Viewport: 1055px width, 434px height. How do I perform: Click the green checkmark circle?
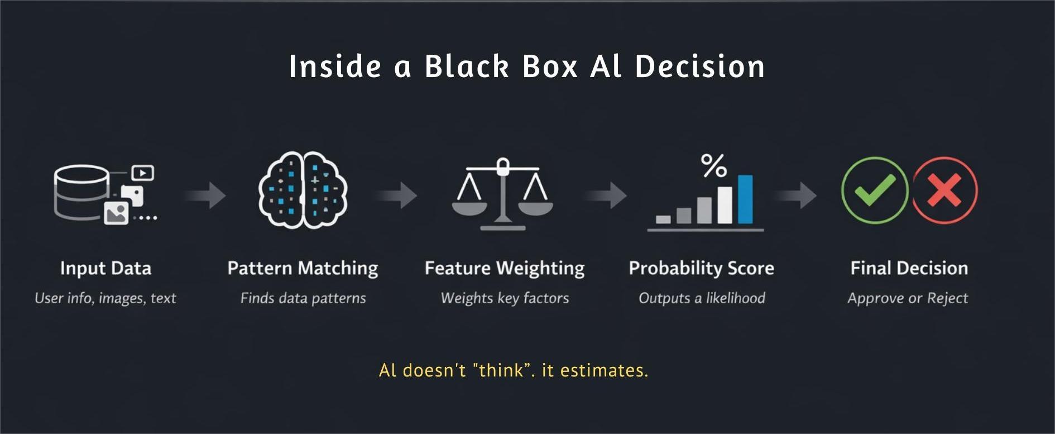point(874,190)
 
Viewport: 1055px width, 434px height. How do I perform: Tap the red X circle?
point(945,190)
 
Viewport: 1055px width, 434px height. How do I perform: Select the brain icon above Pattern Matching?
point(303,190)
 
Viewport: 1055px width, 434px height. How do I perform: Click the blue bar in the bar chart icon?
point(745,199)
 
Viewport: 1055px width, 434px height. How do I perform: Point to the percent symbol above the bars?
point(713,165)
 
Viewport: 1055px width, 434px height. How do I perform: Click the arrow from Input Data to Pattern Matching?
point(207,195)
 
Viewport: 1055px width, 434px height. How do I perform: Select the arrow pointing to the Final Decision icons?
point(797,195)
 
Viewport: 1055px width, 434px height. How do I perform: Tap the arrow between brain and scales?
point(397,195)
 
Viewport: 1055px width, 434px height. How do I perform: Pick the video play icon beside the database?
point(143,173)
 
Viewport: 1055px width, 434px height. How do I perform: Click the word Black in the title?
point(467,66)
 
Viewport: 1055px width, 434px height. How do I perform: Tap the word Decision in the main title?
point(699,66)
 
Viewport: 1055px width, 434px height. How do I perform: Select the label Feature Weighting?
point(505,268)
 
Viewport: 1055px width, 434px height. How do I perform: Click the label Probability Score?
point(701,268)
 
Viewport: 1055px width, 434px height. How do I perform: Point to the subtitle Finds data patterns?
point(303,298)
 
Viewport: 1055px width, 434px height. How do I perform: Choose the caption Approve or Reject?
point(908,298)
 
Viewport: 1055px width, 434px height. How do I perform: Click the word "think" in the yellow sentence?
point(501,370)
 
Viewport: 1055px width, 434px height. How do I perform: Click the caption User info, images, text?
point(106,298)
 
